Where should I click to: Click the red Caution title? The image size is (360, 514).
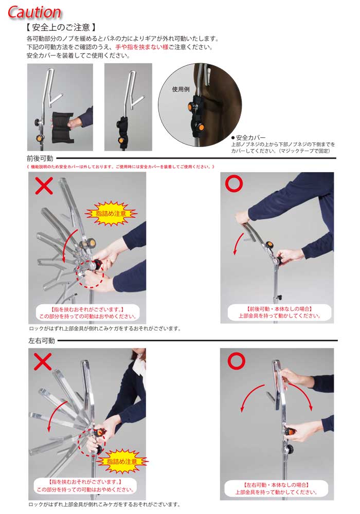pos(34,12)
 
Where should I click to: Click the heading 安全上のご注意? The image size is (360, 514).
pos(61,27)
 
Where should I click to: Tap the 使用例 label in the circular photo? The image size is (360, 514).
pos(181,89)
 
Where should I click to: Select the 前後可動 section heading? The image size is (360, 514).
pos(40,158)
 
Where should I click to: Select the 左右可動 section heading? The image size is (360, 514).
pos(42,341)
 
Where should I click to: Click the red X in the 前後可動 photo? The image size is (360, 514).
pos(44,186)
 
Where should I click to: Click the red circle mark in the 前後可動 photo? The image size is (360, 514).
pos(234,183)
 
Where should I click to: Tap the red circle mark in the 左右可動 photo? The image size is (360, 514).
pos(237,361)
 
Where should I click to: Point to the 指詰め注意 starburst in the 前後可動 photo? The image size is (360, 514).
pos(111,213)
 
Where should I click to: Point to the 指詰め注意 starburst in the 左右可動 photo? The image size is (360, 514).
pos(122,461)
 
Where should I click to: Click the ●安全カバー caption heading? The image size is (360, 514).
pos(248,138)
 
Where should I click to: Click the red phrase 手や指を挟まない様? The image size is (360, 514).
pos(141,47)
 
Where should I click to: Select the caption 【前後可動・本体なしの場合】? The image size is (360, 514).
pos(279,309)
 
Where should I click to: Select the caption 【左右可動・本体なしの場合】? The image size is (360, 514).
pos(276,485)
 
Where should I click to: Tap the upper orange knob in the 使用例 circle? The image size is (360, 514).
pos(191,106)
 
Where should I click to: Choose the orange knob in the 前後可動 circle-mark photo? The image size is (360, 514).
pos(269,245)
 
